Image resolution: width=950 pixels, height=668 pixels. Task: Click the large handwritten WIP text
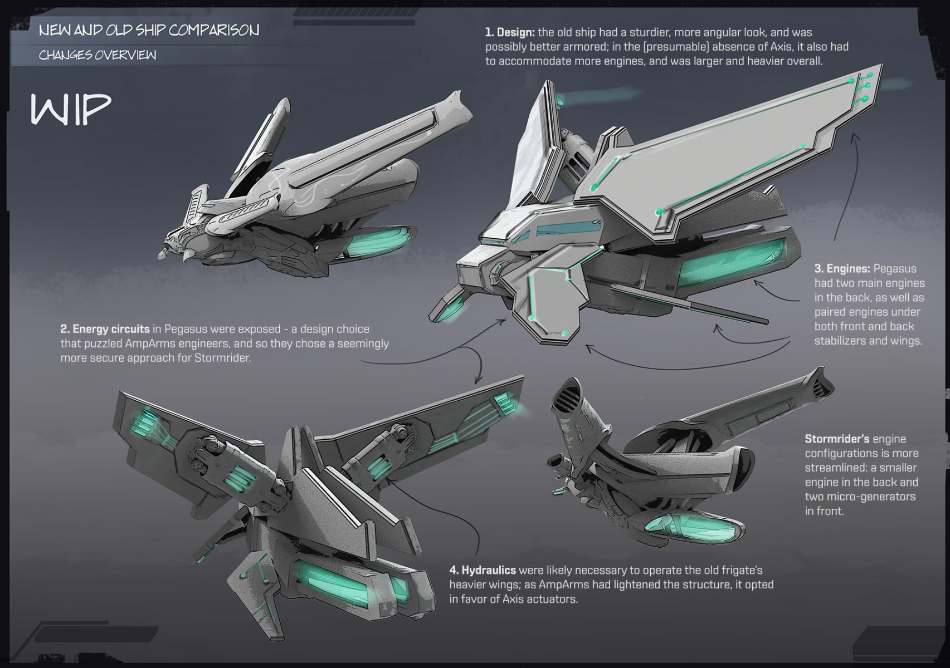(x=71, y=110)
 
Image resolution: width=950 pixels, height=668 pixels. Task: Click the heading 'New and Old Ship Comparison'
(x=149, y=30)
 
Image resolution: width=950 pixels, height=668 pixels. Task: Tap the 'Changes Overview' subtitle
(x=98, y=55)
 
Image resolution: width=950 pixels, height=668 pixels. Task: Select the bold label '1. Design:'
(x=509, y=32)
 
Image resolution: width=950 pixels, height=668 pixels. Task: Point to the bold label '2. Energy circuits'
(x=105, y=329)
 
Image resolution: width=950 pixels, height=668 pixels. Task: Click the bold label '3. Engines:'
(x=841, y=269)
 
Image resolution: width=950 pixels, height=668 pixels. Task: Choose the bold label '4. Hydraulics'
(x=483, y=570)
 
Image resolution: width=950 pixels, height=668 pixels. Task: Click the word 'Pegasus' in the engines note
(x=894, y=269)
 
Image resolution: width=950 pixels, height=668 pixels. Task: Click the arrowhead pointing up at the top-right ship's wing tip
(x=855, y=136)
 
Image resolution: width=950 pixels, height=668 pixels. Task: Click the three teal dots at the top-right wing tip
(x=865, y=87)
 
